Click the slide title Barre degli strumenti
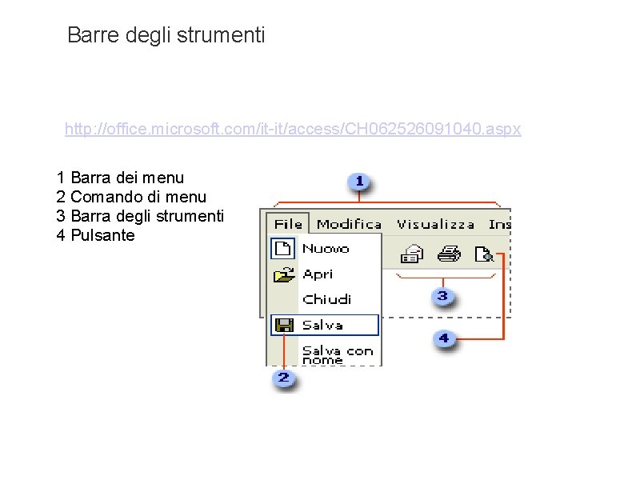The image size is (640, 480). click(166, 35)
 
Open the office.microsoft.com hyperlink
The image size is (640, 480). click(293, 129)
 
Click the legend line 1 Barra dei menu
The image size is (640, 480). click(120, 177)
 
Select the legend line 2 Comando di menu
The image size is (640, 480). click(131, 197)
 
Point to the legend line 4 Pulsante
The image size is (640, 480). click(95, 236)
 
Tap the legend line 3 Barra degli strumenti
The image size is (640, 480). click(140, 216)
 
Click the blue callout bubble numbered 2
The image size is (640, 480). click(283, 378)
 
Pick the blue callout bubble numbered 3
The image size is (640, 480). click(442, 298)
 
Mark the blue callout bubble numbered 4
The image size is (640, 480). click(443, 339)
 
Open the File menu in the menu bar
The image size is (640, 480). click(288, 224)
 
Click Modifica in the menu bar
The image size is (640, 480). click(349, 224)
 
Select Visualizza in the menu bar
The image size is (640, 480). click(435, 224)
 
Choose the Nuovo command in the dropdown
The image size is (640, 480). click(326, 249)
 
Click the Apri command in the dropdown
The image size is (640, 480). click(318, 274)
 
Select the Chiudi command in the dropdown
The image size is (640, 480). click(326, 299)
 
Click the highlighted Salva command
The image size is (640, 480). click(323, 325)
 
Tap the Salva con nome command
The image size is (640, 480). click(337, 354)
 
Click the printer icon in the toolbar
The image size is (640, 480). click(448, 255)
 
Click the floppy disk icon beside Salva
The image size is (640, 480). click(284, 325)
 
